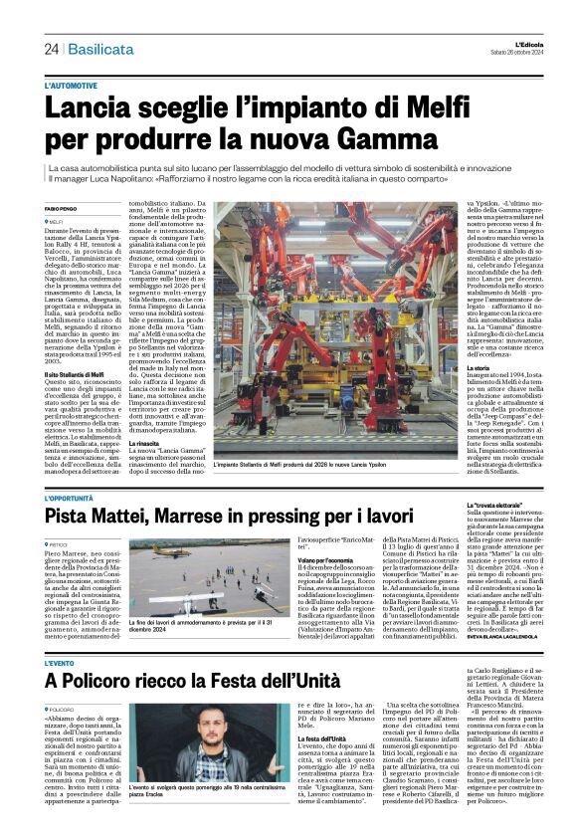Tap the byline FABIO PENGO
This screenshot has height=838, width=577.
tap(62, 208)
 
